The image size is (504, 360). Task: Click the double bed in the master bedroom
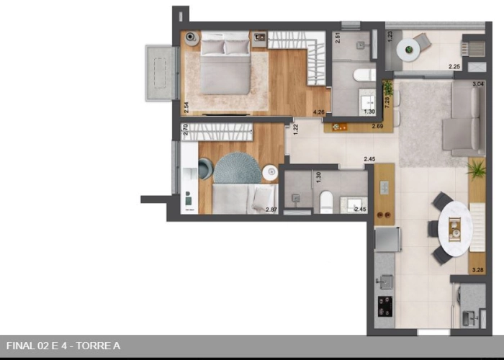coord(225,66)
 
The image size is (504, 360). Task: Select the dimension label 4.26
coord(319,112)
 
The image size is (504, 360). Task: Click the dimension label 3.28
coord(477,270)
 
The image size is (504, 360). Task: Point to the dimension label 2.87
coord(271,210)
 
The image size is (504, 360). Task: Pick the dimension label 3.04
coord(477,84)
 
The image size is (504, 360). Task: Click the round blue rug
coord(237,168)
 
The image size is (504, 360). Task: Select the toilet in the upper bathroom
coord(364,74)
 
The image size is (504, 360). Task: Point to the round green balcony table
coord(410,50)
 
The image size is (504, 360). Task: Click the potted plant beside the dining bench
coord(476,169)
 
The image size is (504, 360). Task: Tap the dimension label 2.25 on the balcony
coord(454,67)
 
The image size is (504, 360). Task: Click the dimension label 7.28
coord(387,102)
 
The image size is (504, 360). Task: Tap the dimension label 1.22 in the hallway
coord(296,130)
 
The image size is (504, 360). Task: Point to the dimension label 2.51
coord(338,37)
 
